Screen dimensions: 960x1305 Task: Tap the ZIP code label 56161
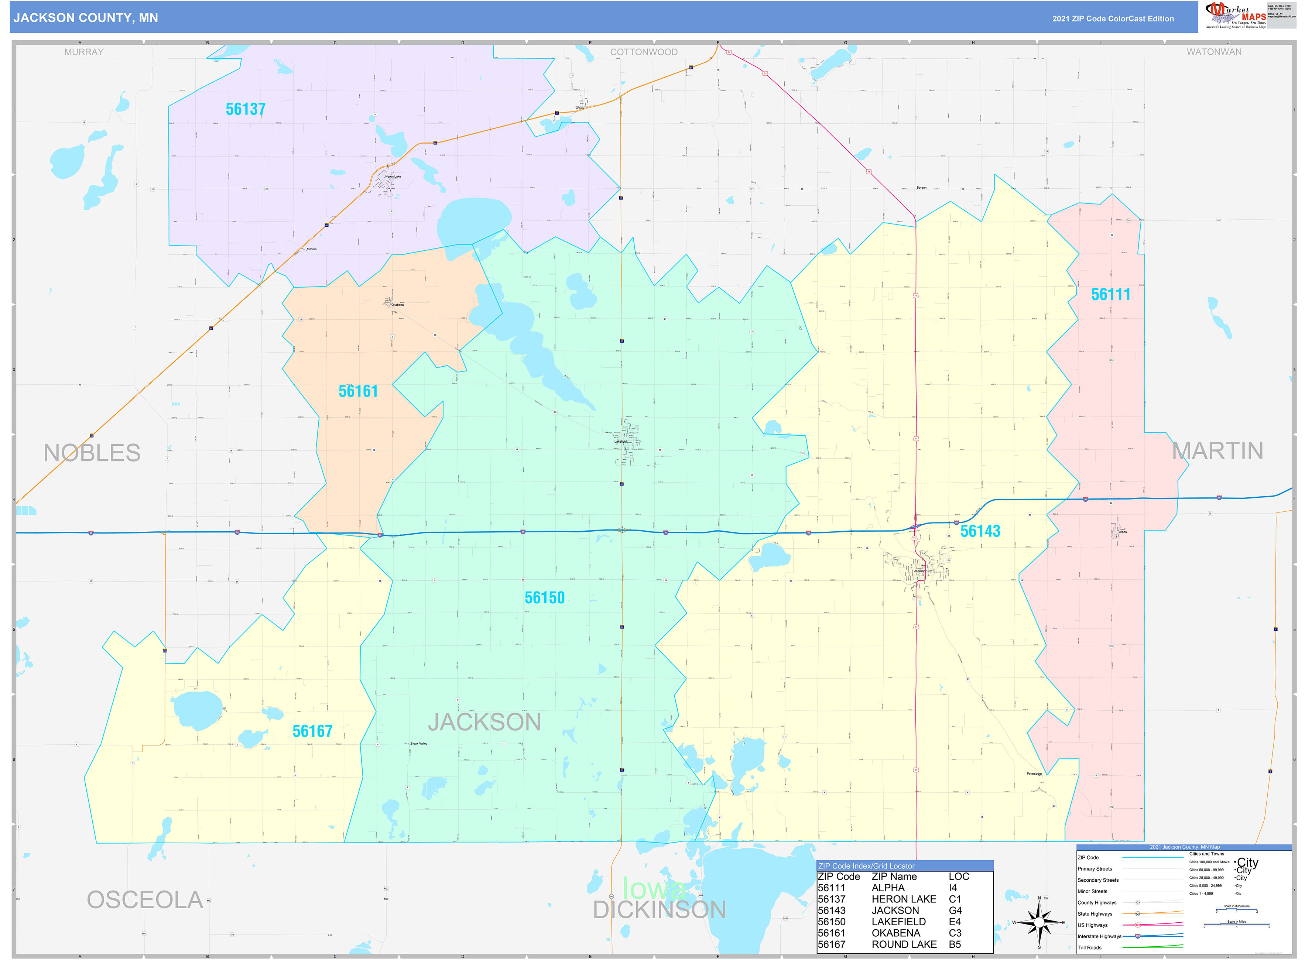coord(358,391)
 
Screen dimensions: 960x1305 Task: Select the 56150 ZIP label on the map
coord(544,597)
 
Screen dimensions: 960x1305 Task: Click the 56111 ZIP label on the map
coord(1110,295)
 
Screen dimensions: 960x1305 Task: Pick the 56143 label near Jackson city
coord(980,531)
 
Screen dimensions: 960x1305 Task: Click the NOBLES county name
coord(92,453)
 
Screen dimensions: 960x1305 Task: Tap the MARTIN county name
coord(1217,451)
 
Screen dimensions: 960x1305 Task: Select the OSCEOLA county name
coord(145,900)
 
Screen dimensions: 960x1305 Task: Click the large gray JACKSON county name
coord(484,722)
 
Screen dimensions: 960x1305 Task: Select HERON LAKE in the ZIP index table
coord(904,899)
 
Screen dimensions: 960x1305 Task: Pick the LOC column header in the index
coord(959,876)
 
